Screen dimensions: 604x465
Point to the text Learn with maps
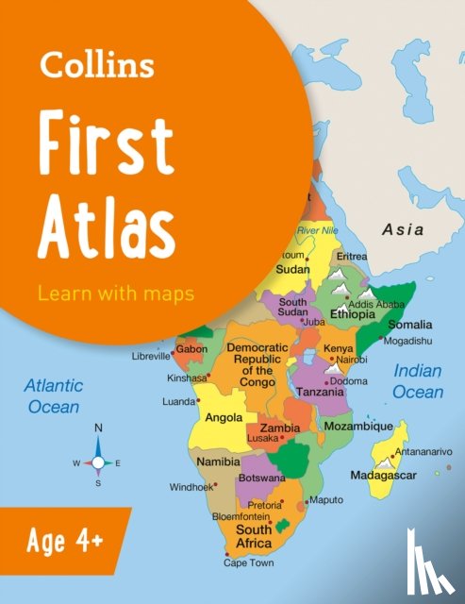pos(116,293)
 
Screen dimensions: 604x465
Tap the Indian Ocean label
pos(418,380)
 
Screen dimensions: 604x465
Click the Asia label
pos(403,229)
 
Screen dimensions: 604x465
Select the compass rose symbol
pos(98,462)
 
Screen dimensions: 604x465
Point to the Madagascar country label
pos(385,474)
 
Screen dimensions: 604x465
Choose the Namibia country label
pos(217,462)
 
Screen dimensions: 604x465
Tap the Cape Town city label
pos(247,562)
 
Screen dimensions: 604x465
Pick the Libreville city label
pos(152,357)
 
